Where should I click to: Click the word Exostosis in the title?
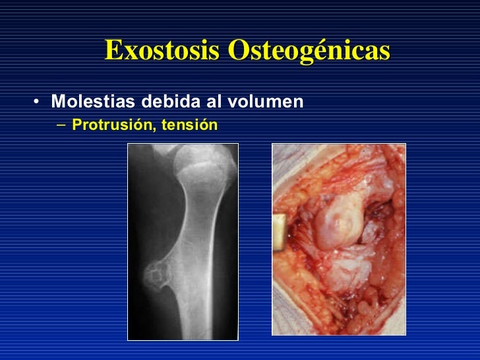coord(163,50)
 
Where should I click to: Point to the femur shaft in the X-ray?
coord(198,264)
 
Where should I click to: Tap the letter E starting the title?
coord(113,50)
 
